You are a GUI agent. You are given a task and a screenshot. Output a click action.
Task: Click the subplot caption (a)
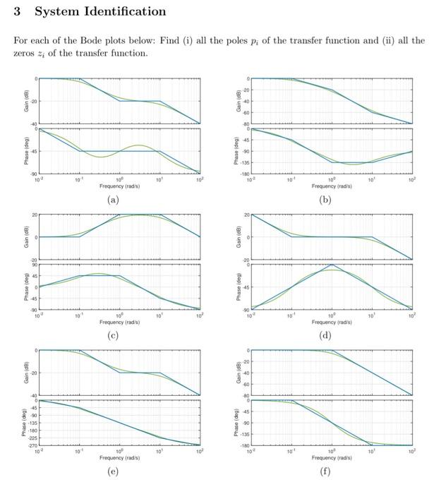coord(113,200)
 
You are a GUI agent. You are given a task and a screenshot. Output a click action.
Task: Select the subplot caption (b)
coord(326,200)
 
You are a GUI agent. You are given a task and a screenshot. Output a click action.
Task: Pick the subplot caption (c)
coord(113,335)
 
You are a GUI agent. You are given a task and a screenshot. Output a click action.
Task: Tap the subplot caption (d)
coord(326,335)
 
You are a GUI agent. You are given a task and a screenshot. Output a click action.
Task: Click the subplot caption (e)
coord(113,471)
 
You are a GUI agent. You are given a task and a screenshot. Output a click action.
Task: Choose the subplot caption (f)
coord(326,471)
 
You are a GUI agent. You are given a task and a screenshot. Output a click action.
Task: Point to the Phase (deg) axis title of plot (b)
coord(239,151)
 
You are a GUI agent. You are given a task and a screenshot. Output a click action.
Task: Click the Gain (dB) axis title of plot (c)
coord(25,236)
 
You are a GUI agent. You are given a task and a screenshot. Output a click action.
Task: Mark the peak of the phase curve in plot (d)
coord(332,265)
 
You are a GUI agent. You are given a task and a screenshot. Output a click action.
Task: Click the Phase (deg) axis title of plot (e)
coord(25,422)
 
